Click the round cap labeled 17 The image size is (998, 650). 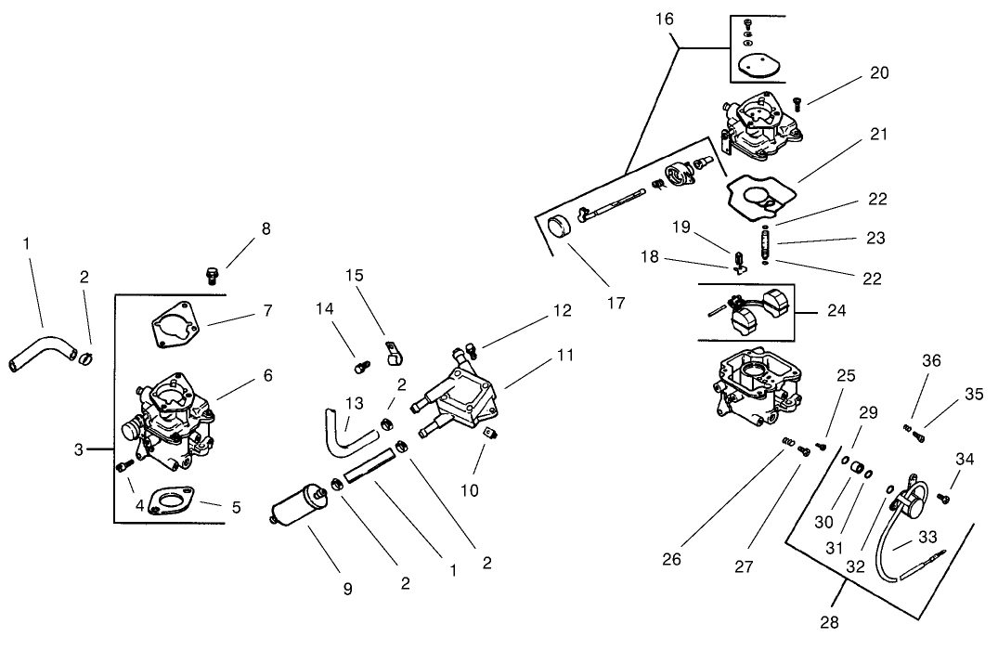point(560,227)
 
